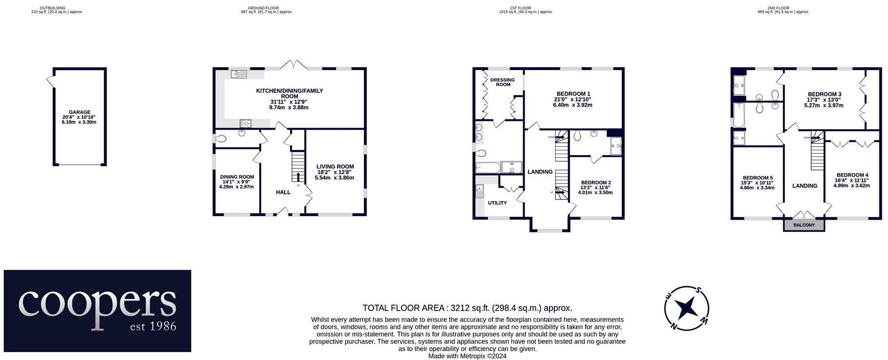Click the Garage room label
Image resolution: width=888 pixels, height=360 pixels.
point(79,112)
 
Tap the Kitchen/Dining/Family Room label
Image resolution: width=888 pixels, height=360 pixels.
point(289,93)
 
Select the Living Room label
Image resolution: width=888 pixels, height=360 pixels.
point(335,166)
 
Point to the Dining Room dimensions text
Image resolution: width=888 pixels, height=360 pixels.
point(237,184)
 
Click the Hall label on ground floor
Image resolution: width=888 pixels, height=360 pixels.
point(283,192)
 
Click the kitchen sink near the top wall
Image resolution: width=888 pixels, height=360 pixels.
point(239,74)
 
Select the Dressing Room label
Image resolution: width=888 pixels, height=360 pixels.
point(502,82)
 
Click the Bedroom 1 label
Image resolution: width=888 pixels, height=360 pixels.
point(573,94)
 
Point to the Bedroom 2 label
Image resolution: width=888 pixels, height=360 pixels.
point(595,182)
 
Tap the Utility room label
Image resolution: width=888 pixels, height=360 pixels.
point(497,203)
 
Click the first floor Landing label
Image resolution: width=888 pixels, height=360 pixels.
point(540,172)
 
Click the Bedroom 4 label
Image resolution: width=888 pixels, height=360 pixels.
point(852,175)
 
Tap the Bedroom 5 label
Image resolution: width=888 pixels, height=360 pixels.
point(757,178)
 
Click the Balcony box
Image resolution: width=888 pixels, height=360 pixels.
point(804,225)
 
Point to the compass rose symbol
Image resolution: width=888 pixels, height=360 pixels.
point(686,308)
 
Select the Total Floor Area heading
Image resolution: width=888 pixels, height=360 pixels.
point(467,308)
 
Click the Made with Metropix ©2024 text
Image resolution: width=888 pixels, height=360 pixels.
point(467,356)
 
